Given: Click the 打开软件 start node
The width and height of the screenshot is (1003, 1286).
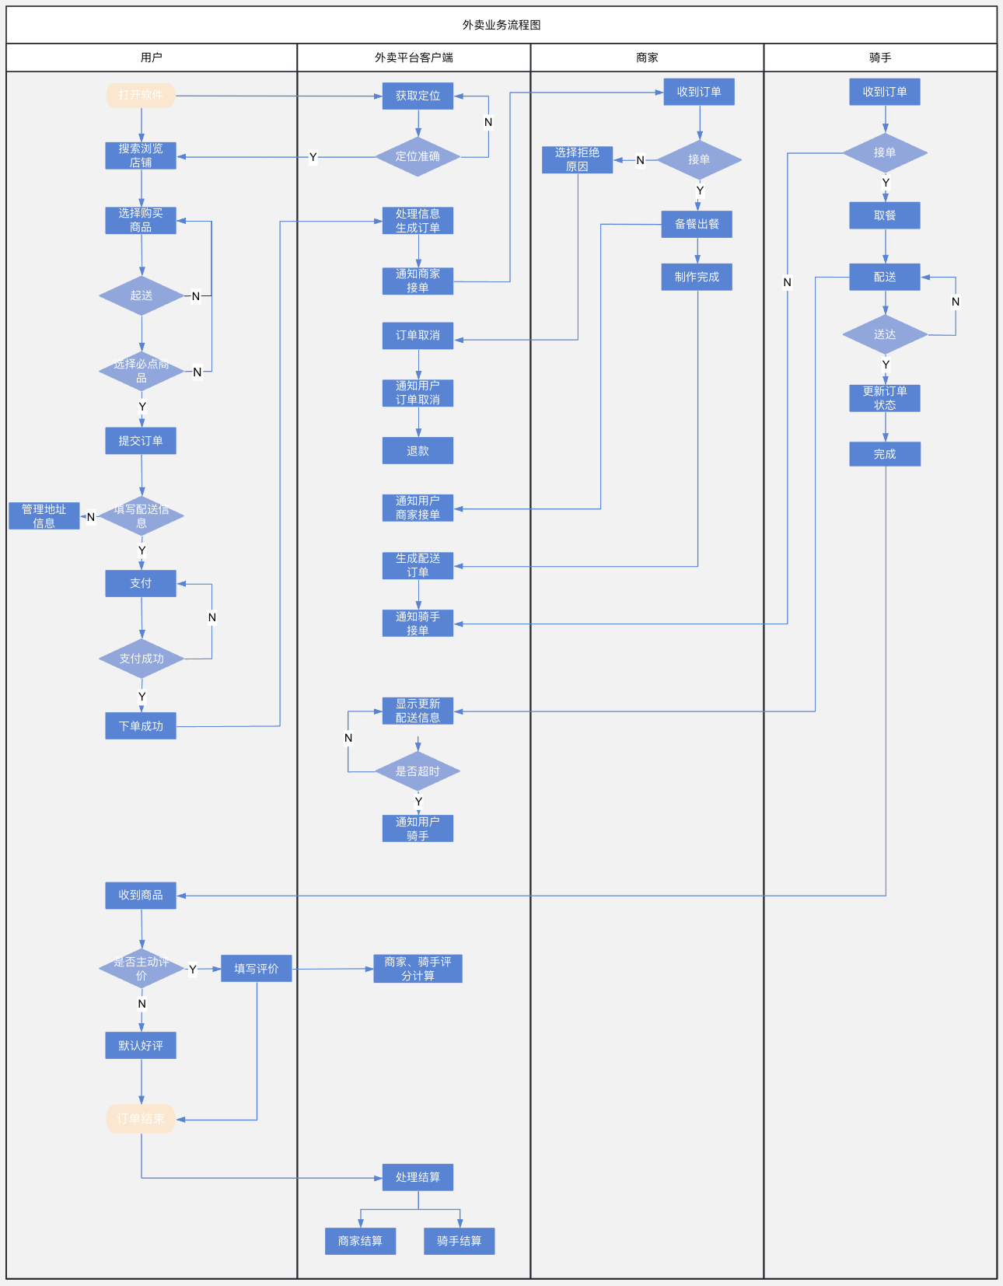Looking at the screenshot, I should click(x=141, y=96).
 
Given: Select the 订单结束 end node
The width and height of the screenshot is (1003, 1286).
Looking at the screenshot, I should click(x=141, y=1119).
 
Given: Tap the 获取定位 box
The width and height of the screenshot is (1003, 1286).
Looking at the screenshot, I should click(x=418, y=96).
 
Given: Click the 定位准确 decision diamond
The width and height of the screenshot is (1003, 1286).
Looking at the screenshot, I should click(x=418, y=157).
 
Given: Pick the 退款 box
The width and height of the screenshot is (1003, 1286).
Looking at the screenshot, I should click(x=418, y=451).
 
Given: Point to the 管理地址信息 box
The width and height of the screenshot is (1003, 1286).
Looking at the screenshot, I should click(x=44, y=516).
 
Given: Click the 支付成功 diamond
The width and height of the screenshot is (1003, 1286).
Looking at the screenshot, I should click(x=142, y=659).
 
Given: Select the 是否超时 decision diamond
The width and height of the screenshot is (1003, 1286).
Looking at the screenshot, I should click(x=418, y=771).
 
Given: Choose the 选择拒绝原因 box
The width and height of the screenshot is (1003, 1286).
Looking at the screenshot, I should click(x=577, y=159).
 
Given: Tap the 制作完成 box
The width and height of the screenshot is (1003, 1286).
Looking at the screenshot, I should click(x=697, y=277).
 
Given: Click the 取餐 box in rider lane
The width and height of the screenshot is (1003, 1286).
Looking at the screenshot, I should click(x=885, y=215).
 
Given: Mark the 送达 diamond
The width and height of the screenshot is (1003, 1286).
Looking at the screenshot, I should click(x=885, y=335).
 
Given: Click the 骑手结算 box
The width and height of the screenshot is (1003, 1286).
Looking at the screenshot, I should click(x=459, y=1241).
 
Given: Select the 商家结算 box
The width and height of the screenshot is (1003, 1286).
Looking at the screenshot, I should click(x=360, y=1241).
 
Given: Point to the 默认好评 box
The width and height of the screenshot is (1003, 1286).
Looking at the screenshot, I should click(x=141, y=1046).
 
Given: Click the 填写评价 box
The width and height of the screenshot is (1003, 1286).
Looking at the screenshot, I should click(x=257, y=969).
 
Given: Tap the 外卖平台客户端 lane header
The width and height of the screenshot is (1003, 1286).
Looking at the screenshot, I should click(x=414, y=58).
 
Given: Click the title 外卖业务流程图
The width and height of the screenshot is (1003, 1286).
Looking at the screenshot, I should click(x=501, y=25).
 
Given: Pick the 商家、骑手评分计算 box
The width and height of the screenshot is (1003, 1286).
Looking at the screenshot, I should click(x=418, y=969).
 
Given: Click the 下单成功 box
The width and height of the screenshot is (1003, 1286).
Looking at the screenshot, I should click(x=141, y=726).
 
